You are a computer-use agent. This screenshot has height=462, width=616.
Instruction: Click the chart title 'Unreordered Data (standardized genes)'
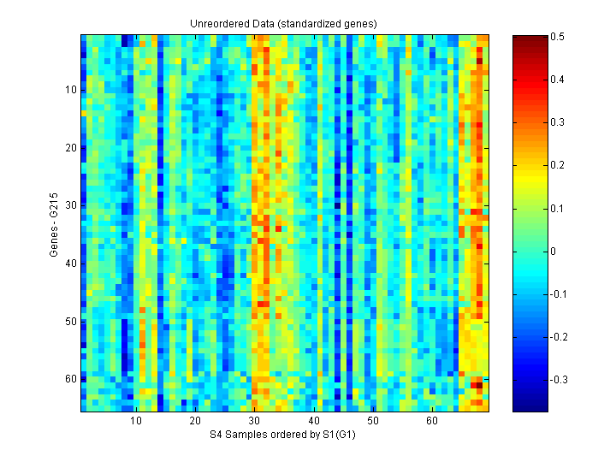(283, 23)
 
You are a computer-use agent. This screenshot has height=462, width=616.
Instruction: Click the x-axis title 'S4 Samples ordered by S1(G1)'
(283, 435)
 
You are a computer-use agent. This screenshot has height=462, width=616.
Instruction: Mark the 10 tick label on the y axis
(71, 89)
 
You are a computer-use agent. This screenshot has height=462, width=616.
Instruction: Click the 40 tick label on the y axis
(71, 264)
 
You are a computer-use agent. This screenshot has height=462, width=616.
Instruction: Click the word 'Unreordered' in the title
(217, 23)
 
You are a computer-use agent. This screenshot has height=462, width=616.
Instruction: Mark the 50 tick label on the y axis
(71, 322)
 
